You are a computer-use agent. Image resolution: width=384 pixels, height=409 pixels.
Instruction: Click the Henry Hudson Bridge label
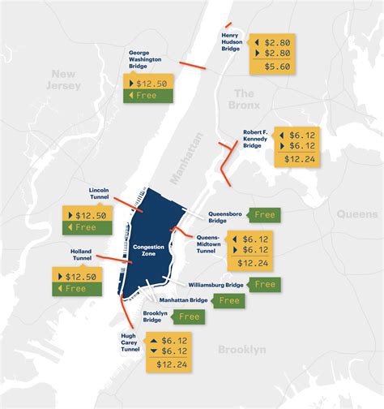(x=231, y=43)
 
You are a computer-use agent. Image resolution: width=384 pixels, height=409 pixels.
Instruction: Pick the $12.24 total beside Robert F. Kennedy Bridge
(x=296, y=160)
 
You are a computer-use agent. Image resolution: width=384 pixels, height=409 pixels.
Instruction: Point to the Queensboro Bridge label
(x=224, y=217)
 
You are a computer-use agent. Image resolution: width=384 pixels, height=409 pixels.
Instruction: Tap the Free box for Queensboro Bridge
(x=264, y=215)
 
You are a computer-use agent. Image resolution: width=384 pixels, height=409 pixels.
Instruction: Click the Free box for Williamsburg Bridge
(x=264, y=284)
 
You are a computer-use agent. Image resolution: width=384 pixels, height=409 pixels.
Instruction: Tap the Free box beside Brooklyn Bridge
(x=188, y=316)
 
